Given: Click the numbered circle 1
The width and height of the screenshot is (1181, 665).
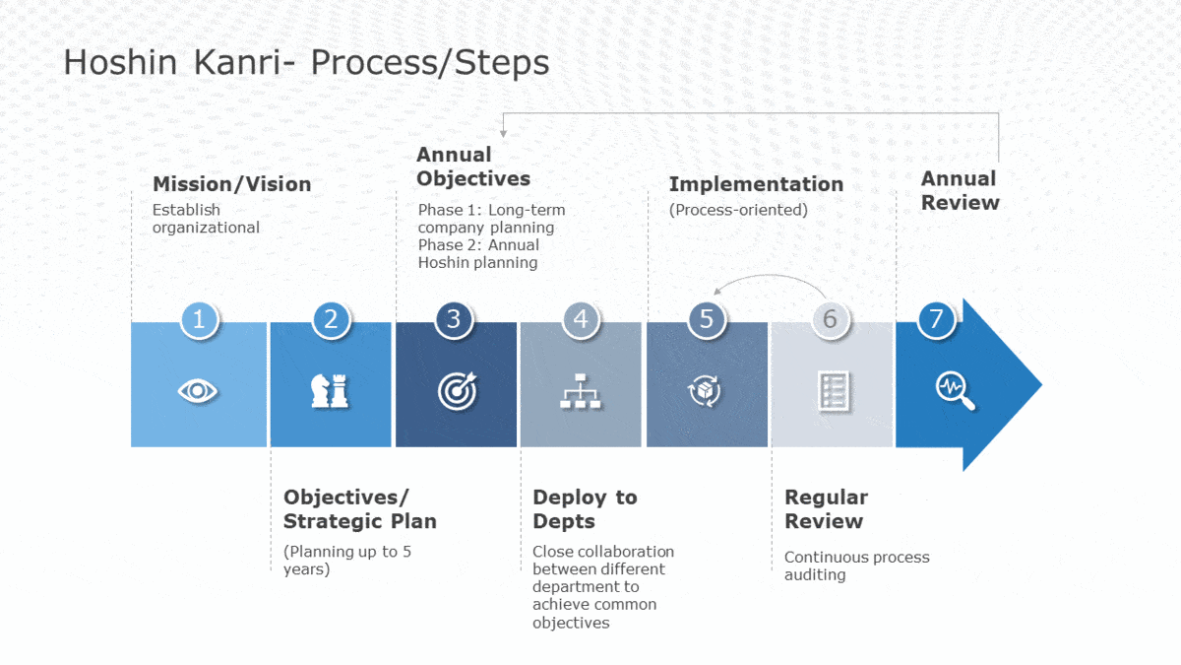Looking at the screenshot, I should [x=199, y=319].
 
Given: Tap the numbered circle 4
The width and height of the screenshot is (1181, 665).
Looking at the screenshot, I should [x=581, y=319].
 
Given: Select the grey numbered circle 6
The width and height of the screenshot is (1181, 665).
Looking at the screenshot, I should [x=830, y=319].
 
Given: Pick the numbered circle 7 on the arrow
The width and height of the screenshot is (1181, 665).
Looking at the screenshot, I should [x=936, y=319].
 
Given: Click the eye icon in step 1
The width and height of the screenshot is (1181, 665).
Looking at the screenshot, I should [x=198, y=391].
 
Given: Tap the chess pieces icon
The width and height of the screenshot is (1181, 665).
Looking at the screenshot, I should [x=330, y=391].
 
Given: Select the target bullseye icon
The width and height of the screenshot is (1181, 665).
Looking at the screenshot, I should [x=457, y=391].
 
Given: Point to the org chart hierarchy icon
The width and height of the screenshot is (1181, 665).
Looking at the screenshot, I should [x=581, y=392].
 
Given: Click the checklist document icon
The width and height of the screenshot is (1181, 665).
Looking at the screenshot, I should [x=833, y=392].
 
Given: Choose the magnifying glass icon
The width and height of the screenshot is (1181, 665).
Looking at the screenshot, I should [x=955, y=391].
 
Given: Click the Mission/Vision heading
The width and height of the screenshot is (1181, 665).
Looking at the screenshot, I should [x=231, y=184].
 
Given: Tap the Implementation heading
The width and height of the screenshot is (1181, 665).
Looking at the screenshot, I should [x=756, y=184].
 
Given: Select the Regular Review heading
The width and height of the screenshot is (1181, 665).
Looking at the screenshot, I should [x=826, y=509].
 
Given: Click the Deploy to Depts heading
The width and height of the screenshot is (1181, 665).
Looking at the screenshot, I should [x=585, y=509].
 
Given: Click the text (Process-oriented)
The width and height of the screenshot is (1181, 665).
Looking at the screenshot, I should [x=738, y=210].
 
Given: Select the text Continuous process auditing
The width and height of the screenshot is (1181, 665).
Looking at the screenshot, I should [x=856, y=565].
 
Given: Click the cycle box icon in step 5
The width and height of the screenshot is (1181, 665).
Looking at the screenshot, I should [x=704, y=391].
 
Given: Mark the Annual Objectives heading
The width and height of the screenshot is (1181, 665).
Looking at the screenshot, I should [x=472, y=166].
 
